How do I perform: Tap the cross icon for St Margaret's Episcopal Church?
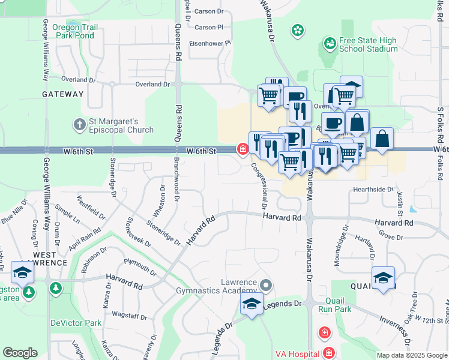[79, 125]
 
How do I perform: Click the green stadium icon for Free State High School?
[329, 43]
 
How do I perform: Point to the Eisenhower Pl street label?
[210, 43]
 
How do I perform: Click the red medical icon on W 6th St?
[243, 149]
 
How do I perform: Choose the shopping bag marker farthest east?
[382, 139]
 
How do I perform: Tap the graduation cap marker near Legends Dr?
[252, 304]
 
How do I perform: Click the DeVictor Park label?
[76, 323]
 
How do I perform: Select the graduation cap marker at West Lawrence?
[23, 273]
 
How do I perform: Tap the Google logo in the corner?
[20, 353]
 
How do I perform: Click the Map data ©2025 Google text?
[411, 355]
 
